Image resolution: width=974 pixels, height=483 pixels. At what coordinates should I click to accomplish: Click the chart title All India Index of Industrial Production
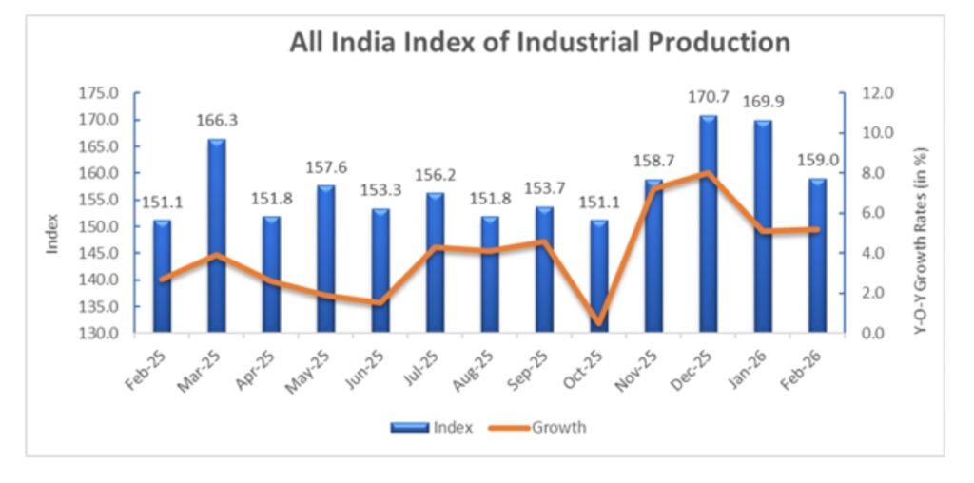(539, 43)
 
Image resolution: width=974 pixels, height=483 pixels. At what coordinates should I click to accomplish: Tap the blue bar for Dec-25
(708, 224)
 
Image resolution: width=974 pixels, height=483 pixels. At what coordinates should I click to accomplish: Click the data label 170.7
(708, 98)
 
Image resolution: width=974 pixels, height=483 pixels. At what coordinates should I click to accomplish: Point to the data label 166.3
(217, 122)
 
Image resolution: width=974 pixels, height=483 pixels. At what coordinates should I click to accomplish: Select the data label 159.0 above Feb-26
(817, 160)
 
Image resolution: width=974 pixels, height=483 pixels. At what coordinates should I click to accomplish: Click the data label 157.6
(326, 167)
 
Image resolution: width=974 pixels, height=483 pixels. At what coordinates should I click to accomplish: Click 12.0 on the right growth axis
(877, 93)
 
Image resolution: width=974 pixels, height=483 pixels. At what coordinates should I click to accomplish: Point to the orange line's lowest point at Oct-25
(598, 323)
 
